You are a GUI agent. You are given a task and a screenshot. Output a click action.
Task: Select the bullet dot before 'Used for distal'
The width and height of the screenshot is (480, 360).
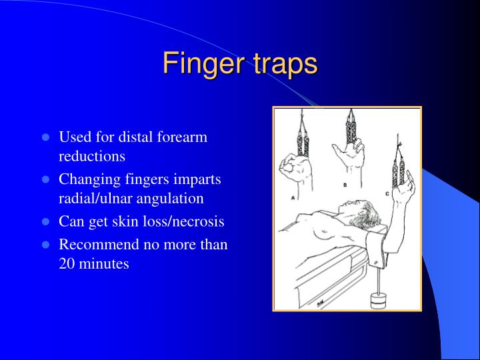(46, 137)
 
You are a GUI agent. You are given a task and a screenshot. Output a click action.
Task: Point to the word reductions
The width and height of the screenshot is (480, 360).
(92, 156)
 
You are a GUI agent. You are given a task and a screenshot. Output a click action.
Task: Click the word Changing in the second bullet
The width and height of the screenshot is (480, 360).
(86, 179)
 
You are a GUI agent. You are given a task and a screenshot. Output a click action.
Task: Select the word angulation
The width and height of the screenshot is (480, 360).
(172, 198)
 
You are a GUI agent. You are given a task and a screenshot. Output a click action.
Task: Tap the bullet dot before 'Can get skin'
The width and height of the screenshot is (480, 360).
(46, 221)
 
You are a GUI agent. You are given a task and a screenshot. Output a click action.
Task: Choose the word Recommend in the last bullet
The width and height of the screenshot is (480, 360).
(99, 245)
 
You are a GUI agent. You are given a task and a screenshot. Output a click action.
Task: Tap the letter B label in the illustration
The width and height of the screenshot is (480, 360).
(345, 183)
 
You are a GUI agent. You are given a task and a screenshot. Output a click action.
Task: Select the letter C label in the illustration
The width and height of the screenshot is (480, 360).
(387, 194)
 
